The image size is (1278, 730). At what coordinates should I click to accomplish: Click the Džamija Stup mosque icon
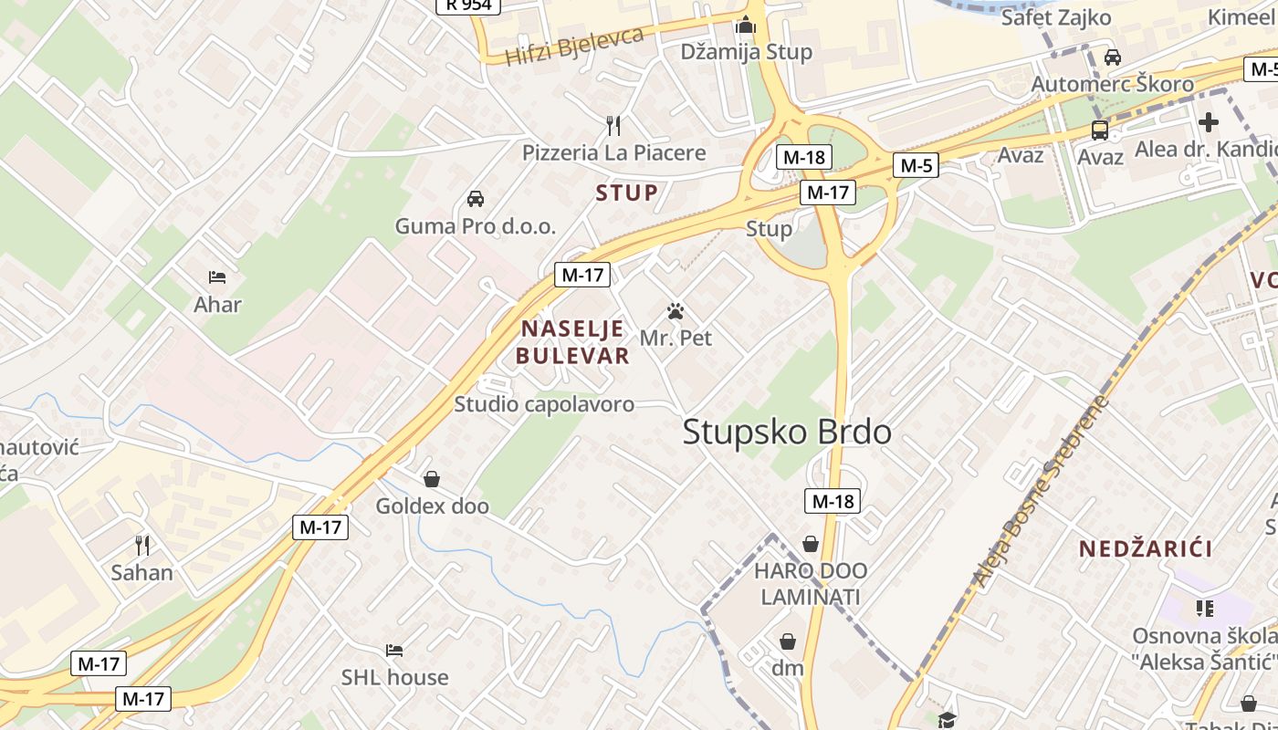click(746, 25)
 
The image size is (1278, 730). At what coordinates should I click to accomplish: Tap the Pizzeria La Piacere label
click(613, 152)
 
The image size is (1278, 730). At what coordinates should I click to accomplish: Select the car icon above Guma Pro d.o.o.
click(475, 198)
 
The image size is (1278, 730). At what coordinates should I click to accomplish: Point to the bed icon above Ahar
click(217, 276)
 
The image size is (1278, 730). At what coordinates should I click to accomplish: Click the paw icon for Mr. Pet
click(676, 311)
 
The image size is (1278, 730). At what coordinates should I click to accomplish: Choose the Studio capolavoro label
click(544, 404)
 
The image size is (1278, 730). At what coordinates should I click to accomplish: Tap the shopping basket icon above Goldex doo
click(432, 478)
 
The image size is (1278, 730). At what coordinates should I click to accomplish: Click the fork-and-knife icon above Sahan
click(142, 545)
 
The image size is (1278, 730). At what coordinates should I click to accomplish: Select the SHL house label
click(394, 677)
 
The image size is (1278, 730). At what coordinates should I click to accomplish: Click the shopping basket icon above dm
click(788, 641)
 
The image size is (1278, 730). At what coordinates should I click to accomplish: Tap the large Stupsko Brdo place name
click(787, 432)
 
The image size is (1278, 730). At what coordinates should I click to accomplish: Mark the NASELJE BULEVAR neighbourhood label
click(573, 342)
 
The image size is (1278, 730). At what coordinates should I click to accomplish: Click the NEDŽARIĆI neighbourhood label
click(1146, 548)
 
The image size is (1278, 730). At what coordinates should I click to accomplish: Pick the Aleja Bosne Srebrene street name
click(1041, 491)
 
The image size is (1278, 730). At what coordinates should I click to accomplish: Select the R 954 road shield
click(468, 5)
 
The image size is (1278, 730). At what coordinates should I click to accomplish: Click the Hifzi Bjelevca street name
click(575, 47)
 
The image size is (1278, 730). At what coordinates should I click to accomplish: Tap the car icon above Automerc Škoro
click(1112, 57)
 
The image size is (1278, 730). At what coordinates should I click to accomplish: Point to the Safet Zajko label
click(1055, 17)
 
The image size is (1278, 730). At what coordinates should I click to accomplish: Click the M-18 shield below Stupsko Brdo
click(833, 500)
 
